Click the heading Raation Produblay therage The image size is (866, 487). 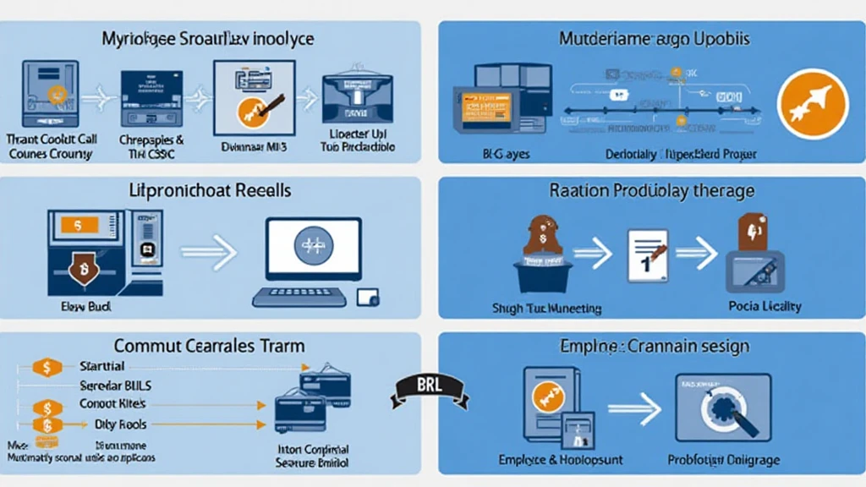(x=651, y=191)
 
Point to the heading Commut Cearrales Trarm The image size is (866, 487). (x=210, y=347)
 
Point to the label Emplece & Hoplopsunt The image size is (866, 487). (x=555, y=460)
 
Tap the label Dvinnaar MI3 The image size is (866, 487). (x=251, y=147)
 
